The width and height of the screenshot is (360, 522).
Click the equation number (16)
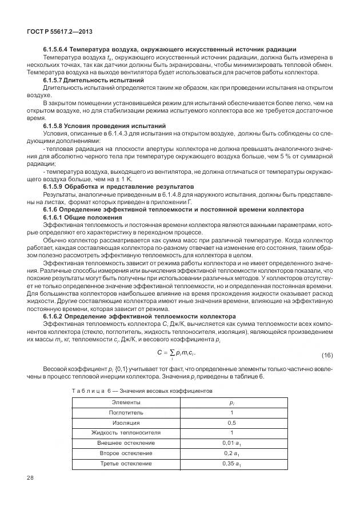click(x=327, y=356)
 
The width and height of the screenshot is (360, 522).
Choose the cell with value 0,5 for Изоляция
click(x=231, y=423)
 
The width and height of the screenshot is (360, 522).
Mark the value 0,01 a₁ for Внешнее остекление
click(x=231, y=443)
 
